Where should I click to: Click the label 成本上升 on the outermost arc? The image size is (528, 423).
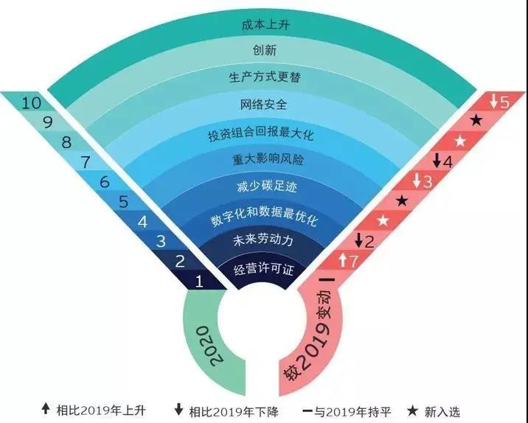pyautogui.click(x=265, y=25)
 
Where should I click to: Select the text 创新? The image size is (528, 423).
pyautogui.click(x=265, y=50)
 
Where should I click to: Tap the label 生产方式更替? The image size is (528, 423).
pyautogui.click(x=265, y=77)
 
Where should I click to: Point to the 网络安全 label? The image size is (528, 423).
pyautogui.click(x=263, y=105)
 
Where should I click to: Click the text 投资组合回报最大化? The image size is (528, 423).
pyautogui.click(x=260, y=133)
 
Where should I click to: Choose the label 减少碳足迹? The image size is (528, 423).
pyautogui.click(x=267, y=186)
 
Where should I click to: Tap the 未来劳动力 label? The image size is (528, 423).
pyautogui.click(x=263, y=240)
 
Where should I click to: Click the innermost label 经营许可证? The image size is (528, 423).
pyautogui.click(x=264, y=269)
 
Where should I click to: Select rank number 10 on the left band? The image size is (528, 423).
pyautogui.click(x=31, y=102)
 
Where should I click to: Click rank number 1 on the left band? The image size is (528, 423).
pyautogui.click(x=199, y=282)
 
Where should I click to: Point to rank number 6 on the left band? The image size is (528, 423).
pyautogui.click(x=105, y=182)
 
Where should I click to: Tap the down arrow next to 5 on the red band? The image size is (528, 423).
pyautogui.click(x=493, y=101)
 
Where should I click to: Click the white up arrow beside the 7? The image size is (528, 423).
pyautogui.click(x=342, y=260)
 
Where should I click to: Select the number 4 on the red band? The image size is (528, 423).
pyautogui.click(x=448, y=162)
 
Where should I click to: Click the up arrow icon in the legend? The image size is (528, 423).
pyautogui.click(x=46, y=409)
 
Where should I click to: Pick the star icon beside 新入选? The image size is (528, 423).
pyautogui.click(x=412, y=410)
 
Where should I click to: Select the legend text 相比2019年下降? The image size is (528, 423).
pyautogui.click(x=234, y=411)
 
